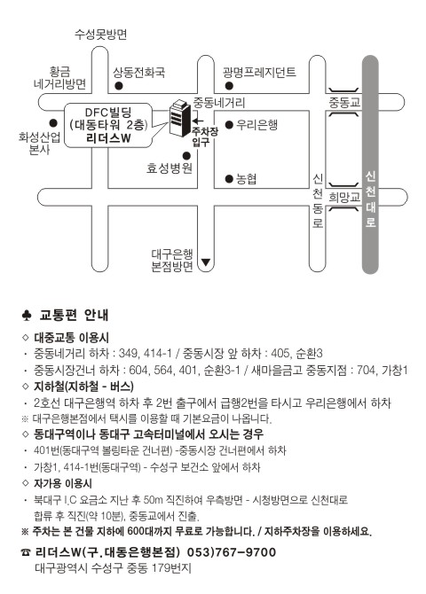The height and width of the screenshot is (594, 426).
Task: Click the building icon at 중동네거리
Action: coord(179,118)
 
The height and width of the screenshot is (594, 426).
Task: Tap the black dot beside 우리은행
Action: coord(229,125)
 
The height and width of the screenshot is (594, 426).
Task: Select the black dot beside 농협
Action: coord(229,178)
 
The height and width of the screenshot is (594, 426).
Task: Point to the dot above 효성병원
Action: coord(186,156)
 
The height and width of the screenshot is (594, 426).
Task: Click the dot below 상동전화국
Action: coord(119,86)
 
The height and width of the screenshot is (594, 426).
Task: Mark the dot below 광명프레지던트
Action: coord(229,86)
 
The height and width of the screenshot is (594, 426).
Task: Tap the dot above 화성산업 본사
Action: coord(53,123)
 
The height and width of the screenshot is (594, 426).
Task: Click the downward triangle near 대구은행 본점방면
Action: coord(206,262)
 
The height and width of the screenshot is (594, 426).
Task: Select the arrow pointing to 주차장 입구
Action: coord(197,121)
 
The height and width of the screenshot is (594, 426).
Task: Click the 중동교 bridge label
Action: coord(344,102)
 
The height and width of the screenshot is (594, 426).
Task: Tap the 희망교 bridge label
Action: coord(344,197)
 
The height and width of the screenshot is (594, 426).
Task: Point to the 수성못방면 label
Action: coord(100,35)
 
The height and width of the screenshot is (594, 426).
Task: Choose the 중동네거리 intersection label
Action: coord(219,102)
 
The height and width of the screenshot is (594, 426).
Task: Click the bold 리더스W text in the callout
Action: coord(108,138)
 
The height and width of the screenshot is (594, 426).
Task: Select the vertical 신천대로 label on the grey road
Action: coord(371,199)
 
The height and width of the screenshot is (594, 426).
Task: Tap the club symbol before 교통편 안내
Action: coord(26,316)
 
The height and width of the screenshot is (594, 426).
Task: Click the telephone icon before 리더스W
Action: coord(26,552)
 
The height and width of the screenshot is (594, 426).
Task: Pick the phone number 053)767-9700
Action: coord(232,552)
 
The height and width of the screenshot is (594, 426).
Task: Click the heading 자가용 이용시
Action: coord(63,483)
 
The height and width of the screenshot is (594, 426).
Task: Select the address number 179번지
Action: coord(171,568)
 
